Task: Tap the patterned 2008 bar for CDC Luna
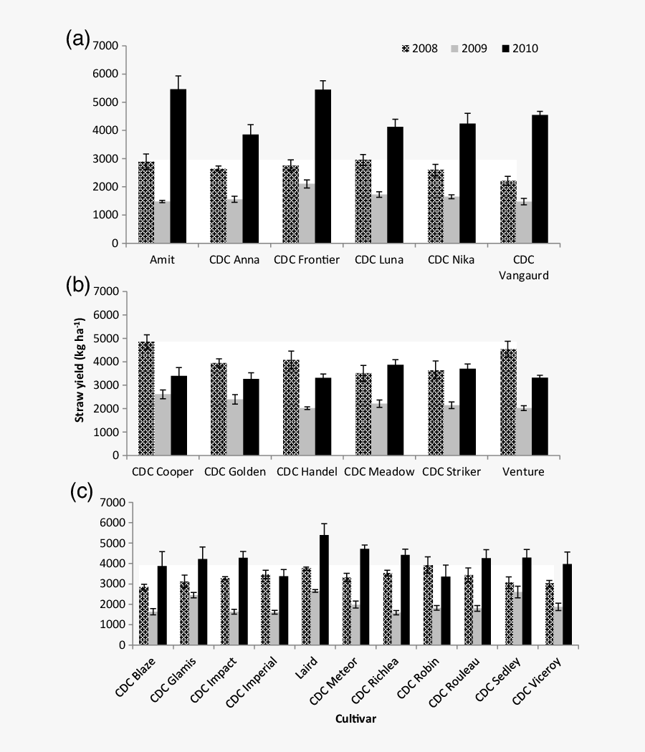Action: point(363,201)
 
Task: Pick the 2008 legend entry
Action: point(421,49)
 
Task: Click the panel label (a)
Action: point(77,40)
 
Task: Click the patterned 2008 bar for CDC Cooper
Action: point(146,398)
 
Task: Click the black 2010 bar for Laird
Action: point(324,590)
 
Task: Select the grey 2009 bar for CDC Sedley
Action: point(537,619)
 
